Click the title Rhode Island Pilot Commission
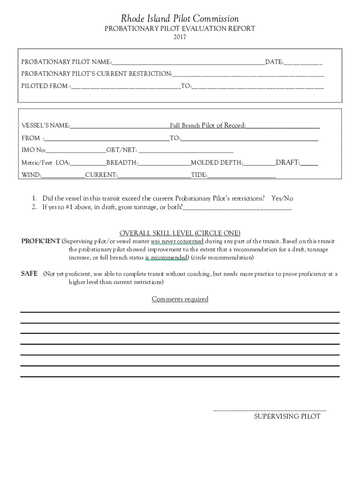pos(180,19)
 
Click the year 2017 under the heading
pos(180,37)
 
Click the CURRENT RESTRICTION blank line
pos(248,75)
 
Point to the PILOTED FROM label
pos(45,86)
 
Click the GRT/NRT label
pos(122,150)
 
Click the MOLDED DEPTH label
pos(217,163)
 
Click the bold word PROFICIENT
pos(41,241)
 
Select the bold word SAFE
pos(29,274)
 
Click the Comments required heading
pos(180,299)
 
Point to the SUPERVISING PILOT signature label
pos(287,416)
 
